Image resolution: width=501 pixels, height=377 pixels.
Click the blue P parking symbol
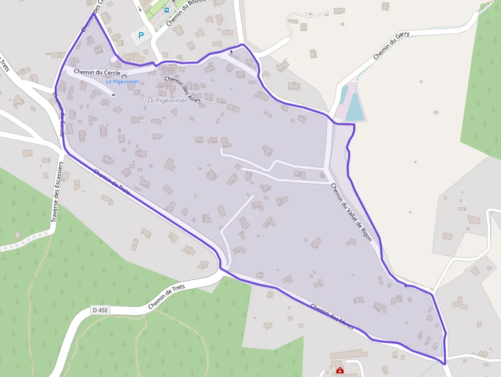coord(141,35)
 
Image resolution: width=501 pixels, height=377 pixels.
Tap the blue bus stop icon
coord(167,9)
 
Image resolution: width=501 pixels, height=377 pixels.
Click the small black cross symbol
coord(231,52)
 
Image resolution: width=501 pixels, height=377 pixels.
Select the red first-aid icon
coord(339,371)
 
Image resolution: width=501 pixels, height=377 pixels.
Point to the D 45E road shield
coord(100,310)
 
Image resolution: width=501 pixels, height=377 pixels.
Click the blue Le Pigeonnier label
coord(123,82)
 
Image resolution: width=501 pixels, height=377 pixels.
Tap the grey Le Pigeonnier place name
coord(167,101)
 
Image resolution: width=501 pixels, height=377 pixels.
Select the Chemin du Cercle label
coord(97,72)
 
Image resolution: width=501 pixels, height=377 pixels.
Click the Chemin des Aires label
coord(183,89)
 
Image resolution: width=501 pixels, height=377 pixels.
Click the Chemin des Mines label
coord(332,317)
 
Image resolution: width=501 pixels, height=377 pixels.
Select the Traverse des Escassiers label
coord(57,192)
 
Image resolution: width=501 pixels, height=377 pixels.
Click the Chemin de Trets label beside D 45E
coord(167,297)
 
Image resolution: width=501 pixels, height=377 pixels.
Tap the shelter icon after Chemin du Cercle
coord(124,75)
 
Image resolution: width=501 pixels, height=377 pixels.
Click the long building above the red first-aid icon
coord(349,354)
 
